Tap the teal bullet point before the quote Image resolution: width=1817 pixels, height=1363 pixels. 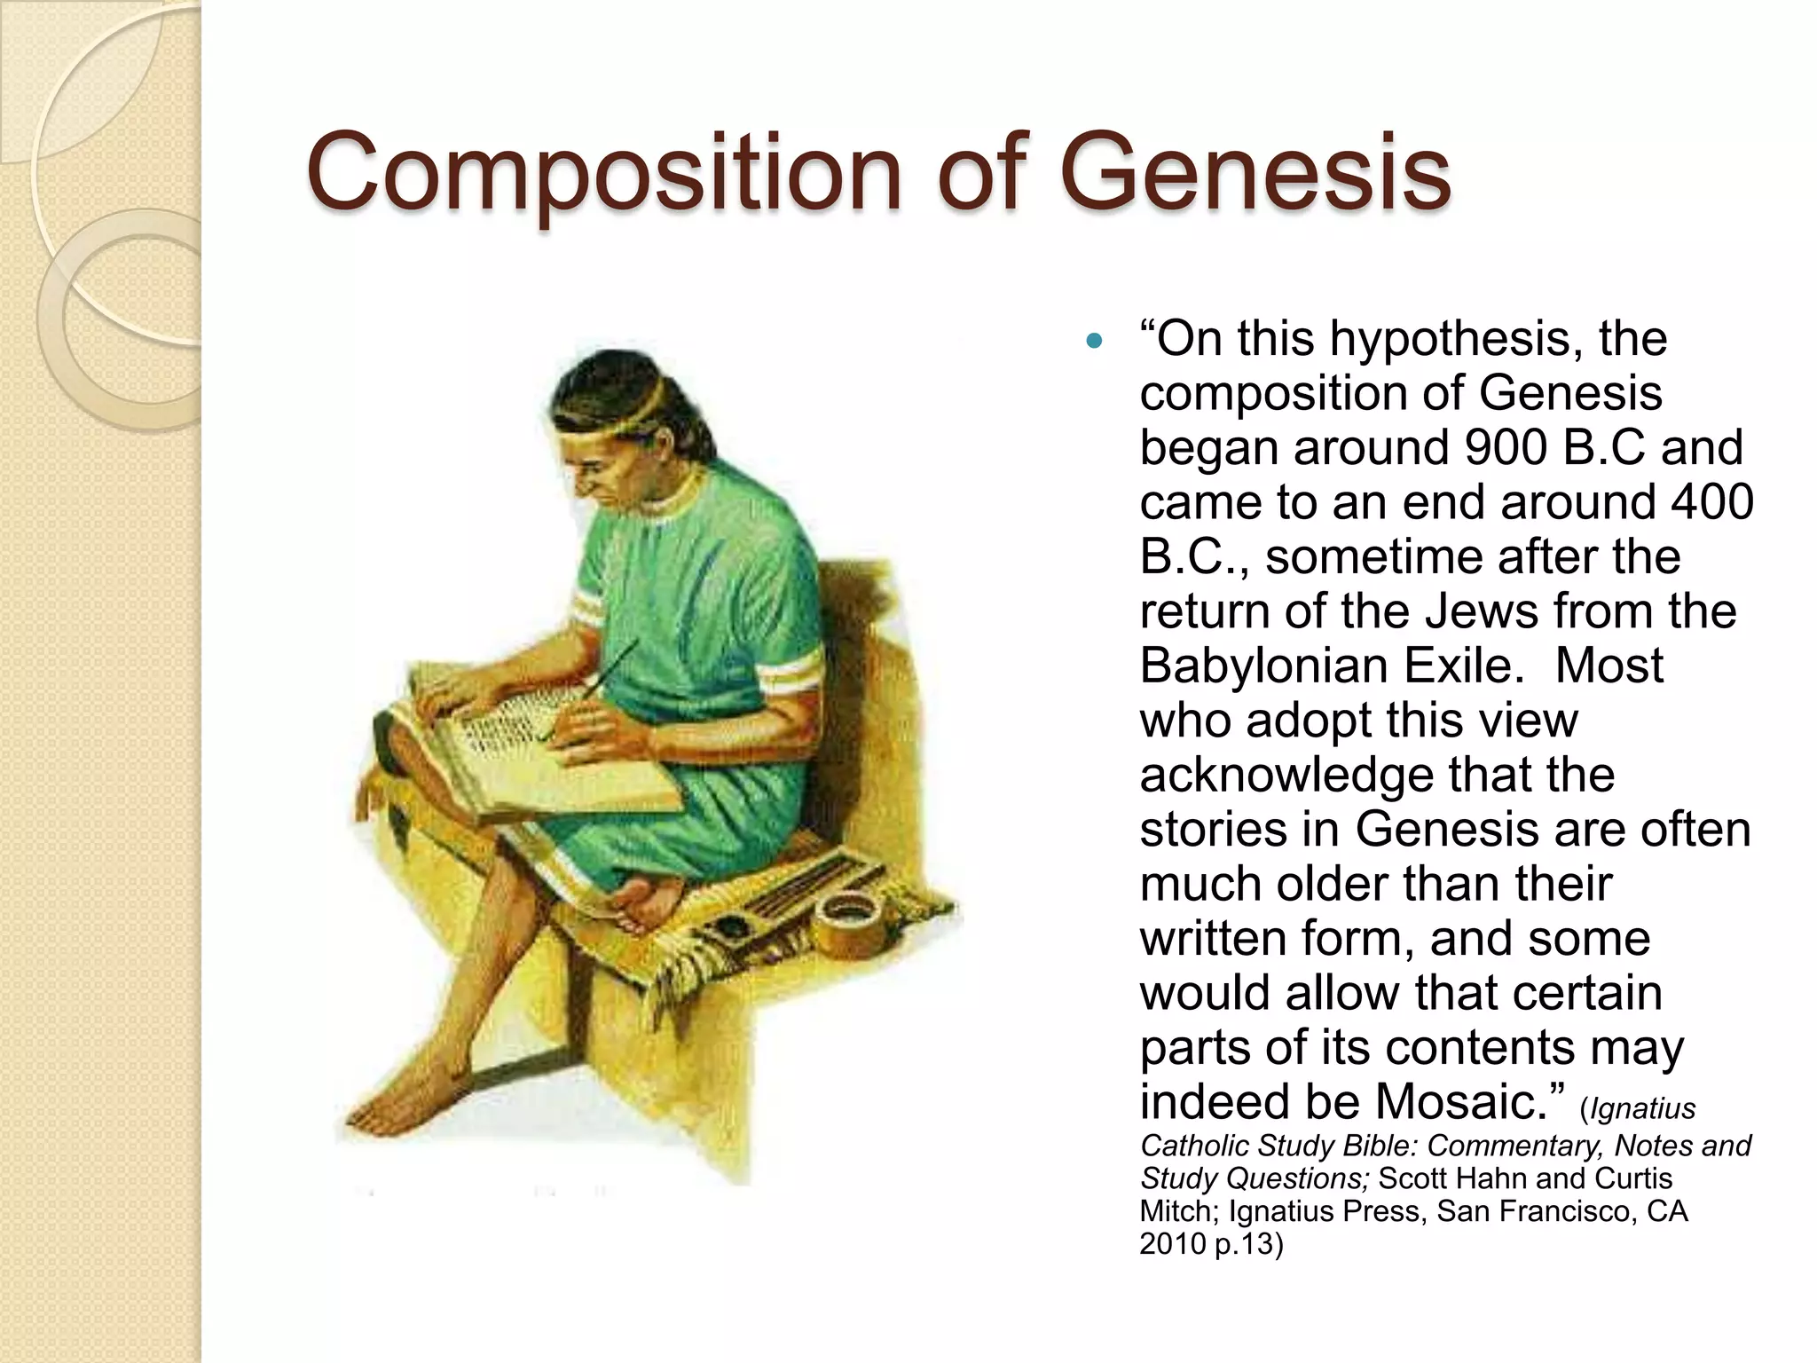coord(1095,340)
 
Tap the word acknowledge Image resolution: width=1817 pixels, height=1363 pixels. coord(1286,775)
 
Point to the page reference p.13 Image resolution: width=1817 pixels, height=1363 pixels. coord(1247,1244)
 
